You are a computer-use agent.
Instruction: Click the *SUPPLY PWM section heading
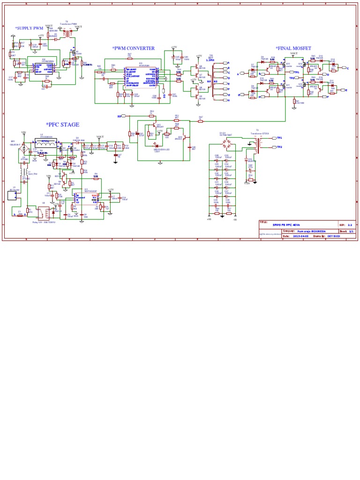(29, 28)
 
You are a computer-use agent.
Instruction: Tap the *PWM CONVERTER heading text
(133, 48)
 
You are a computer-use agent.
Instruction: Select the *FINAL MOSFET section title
(293, 48)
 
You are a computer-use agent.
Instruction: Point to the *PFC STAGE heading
(62, 125)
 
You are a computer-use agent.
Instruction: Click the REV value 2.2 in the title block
(350, 225)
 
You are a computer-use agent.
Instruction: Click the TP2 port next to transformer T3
(279, 147)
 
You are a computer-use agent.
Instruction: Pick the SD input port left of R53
(120, 115)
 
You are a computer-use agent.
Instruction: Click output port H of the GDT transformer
(228, 100)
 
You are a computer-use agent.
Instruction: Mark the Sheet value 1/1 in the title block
(350, 231)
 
